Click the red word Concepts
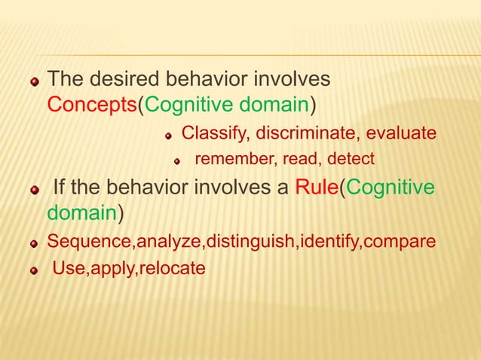tap(90, 102)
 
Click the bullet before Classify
tap(170, 136)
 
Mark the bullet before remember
tap(179, 160)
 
